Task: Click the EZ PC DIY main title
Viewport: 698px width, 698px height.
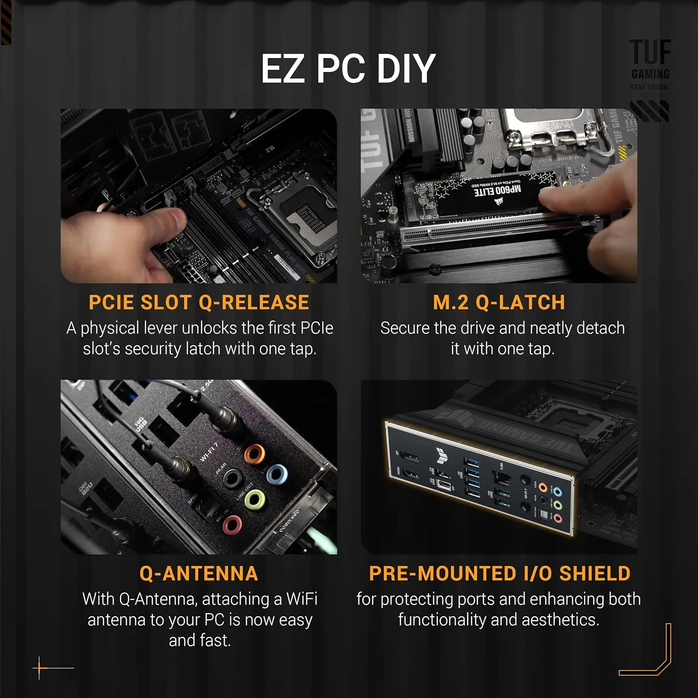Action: (348, 69)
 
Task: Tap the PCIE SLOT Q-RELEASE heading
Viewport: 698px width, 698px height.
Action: (199, 302)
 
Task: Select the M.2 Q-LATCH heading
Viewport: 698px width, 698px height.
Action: (499, 302)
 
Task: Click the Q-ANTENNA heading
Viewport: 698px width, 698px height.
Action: (199, 573)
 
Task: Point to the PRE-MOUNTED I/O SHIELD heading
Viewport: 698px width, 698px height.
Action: (499, 573)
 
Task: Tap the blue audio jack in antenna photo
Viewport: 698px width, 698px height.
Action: (277, 475)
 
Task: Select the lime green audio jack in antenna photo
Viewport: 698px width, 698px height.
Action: (255, 499)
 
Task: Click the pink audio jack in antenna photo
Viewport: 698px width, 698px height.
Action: (232, 525)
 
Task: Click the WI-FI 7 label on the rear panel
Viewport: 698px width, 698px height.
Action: (208, 452)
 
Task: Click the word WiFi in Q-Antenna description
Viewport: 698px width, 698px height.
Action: (302, 599)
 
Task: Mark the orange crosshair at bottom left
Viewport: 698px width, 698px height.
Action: (40, 668)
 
